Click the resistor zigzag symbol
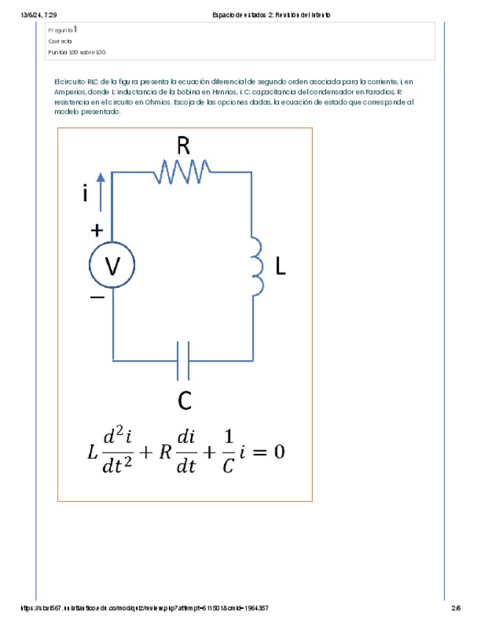tap(183, 173)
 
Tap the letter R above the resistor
tap(184, 146)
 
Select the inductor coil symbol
tap(256, 265)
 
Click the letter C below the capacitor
tap(185, 401)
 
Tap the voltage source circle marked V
tap(112, 267)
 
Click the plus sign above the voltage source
tap(96, 230)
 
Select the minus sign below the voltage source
tap(97, 298)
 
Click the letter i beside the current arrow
tap(86, 193)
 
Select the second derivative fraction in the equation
tap(117, 452)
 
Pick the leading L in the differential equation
tap(91, 453)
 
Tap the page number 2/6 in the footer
tap(456, 608)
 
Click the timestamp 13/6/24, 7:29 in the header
tap(35, 15)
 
